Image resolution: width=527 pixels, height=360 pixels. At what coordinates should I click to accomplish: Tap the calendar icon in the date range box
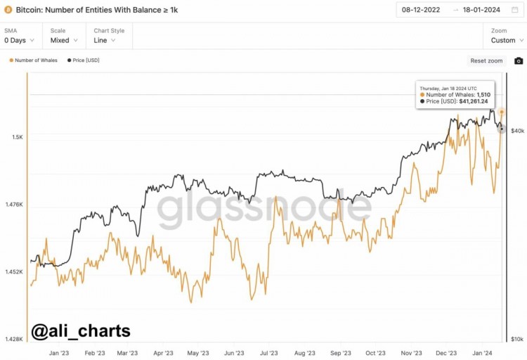pos(514,10)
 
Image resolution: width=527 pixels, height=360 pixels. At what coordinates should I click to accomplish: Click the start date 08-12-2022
pos(421,10)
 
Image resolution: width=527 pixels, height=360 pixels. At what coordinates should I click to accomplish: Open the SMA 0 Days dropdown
pos(18,40)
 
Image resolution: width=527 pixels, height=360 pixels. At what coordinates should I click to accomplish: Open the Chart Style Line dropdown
pos(106,40)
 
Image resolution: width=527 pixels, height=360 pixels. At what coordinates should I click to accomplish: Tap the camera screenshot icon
pos(519,60)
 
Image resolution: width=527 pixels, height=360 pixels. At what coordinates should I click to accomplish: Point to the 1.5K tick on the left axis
pos(16,137)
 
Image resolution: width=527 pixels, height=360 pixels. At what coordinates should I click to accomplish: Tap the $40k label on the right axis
pos(517,131)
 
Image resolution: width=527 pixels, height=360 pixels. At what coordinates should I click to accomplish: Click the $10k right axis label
pos(517,339)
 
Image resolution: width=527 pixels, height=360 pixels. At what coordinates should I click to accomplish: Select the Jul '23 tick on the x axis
pos(268,353)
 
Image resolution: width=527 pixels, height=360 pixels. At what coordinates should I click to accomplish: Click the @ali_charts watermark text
pos(81,330)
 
